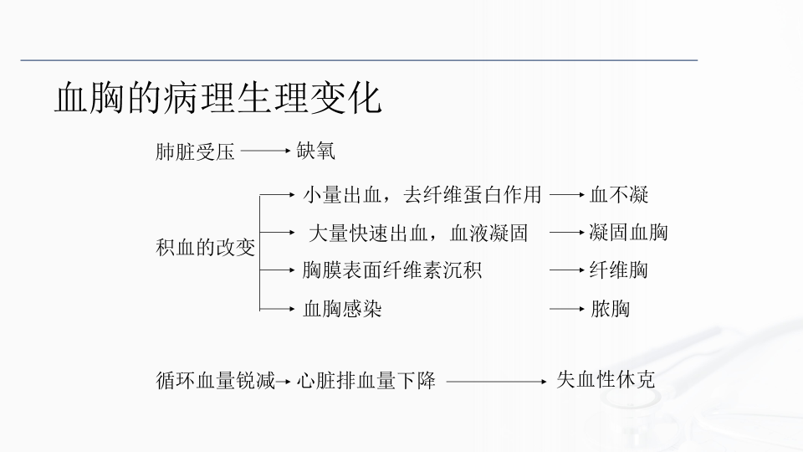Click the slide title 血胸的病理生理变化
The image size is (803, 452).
pos(217,99)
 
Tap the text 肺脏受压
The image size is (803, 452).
pos(195,152)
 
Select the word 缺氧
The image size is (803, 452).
pos(316,152)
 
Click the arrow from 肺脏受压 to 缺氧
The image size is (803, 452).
pos(265,152)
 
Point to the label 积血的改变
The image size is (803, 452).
pos(206,248)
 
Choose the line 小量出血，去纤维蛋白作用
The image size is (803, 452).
pos(422,196)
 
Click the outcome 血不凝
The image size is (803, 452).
pos(619,196)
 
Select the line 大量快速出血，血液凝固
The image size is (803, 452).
pos(418,233)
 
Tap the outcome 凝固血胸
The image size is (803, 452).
pos(628,232)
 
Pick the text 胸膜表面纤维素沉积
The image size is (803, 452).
pos(392,270)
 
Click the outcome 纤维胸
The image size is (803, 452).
pos(618,270)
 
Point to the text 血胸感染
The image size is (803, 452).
pos(342,309)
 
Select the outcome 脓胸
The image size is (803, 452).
pos(610,309)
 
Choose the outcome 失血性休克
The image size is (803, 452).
pos(606,380)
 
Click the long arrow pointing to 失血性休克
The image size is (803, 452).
pos(495,382)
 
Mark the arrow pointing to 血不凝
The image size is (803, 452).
pos(566,195)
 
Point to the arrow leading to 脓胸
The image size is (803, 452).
pos(566,309)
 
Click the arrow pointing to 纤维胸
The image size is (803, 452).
pos(566,270)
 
